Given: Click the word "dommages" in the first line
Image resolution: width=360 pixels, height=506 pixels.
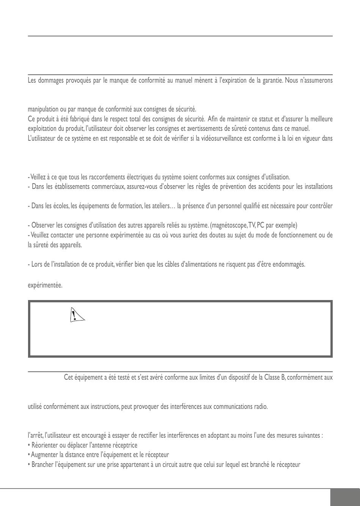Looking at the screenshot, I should tap(51, 81).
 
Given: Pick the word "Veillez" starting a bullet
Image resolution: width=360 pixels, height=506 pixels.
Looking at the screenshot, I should tap(38, 177).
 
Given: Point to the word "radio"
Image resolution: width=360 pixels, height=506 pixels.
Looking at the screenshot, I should tap(261, 407).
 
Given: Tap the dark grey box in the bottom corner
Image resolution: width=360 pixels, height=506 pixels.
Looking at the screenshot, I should tap(344, 497).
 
